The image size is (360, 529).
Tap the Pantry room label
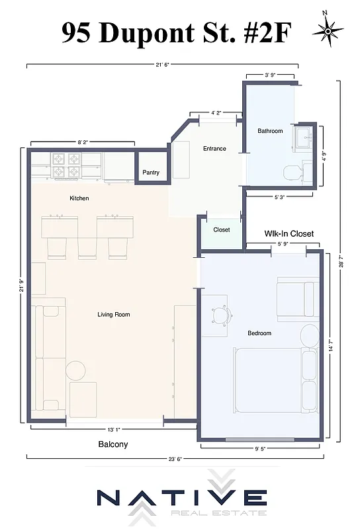151,173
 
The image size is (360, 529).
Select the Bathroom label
270,131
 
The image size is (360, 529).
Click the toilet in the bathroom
292,173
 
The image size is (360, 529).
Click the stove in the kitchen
67,165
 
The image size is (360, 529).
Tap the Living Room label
114,315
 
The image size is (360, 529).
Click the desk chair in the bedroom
221,313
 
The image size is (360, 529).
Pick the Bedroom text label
259,333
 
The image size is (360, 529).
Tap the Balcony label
113,444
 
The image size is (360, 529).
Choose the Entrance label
214,149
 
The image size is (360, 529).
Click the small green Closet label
222,230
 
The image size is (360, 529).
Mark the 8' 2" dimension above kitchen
83,142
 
